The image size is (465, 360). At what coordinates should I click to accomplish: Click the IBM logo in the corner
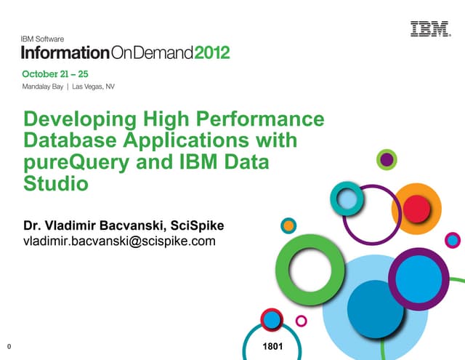pos(429,30)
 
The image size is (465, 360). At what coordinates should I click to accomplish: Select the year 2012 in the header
pos(211,53)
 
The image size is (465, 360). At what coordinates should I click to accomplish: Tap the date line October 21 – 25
pos(54,74)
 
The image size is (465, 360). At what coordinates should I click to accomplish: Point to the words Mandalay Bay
pos(42,87)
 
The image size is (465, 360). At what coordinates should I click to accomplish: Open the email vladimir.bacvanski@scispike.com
pos(120,241)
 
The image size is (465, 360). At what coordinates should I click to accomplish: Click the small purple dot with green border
pos(387,159)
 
